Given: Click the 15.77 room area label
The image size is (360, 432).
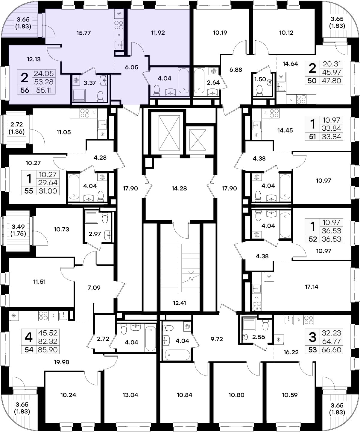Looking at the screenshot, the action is pyautogui.click(x=83, y=33).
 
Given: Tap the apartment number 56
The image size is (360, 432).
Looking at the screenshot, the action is pyautogui.click(x=25, y=90).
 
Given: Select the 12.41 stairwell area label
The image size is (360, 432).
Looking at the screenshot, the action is pyautogui.click(x=179, y=303).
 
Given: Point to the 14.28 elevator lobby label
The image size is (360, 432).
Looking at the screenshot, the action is pyautogui.click(x=179, y=188).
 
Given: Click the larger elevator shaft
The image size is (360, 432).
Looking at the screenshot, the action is pyautogui.click(x=169, y=133).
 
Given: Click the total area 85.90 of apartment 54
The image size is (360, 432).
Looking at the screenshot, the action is pyautogui.click(x=48, y=350).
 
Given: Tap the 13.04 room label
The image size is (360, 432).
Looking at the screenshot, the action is pyautogui.click(x=130, y=395).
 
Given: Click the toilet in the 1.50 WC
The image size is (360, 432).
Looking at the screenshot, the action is pyautogui.click(x=259, y=90).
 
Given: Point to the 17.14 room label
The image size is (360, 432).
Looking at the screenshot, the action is pyautogui.click(x=312, y=286).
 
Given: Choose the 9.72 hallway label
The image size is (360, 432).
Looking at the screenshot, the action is pyautogui.click(x=217, y=339).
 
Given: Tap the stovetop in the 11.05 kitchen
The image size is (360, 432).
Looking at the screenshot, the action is pyautogui.click(x=85, y=113).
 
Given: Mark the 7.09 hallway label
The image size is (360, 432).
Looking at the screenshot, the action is pyautogui.click(x=94, y=288).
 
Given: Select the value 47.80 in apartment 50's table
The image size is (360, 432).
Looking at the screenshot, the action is pyautogui.click(x=332, y=80).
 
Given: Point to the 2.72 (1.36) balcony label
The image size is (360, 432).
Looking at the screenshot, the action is pyautogui.click(x=16, y=128).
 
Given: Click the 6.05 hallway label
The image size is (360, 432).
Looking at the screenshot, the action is pyautogui.click(x=132, y=67).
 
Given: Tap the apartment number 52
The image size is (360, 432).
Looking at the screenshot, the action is pyautogui.click(x=313, y=239).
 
